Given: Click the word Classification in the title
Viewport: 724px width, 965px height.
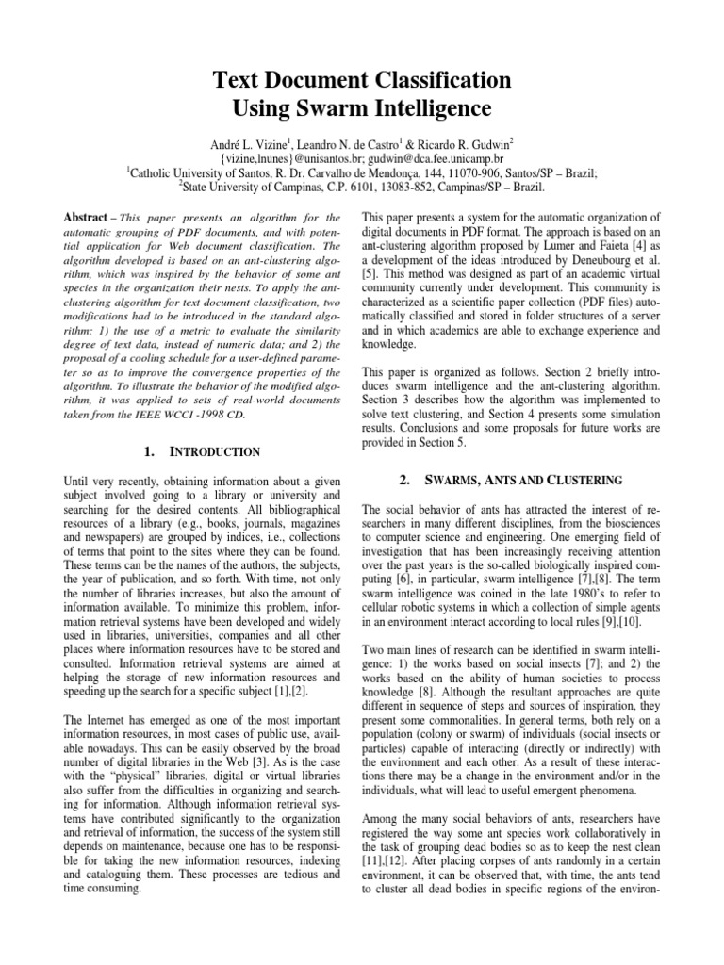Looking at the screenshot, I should (x=420, y=78).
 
